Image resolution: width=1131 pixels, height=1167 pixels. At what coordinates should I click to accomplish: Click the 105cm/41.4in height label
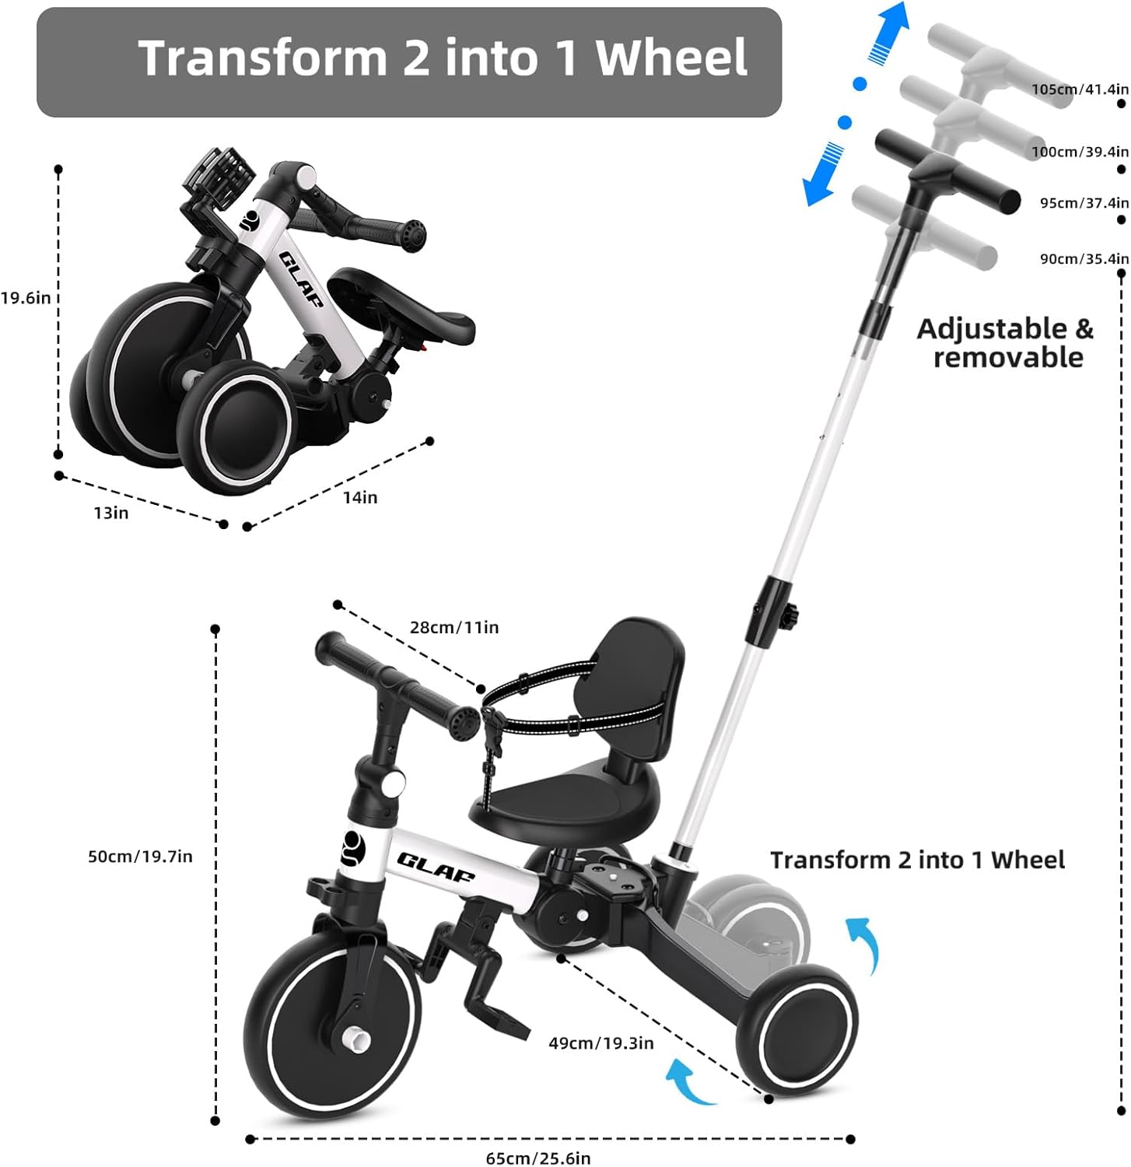pos(1080,89)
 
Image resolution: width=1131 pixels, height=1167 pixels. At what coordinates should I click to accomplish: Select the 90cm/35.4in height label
pos(1084,259)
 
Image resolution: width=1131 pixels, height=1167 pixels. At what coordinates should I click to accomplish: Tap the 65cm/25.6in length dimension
pos(538,1158)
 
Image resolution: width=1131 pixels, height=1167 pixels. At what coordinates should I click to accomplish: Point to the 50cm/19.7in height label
pos(140,857)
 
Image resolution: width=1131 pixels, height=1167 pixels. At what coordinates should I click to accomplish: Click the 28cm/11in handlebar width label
pos(454,627)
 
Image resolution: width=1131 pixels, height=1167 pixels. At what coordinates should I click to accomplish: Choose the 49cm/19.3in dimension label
pos(601,1043)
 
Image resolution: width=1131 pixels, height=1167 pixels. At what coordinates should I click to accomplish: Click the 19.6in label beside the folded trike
pos(26,297)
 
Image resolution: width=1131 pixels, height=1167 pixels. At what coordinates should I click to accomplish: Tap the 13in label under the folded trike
pos(111,513)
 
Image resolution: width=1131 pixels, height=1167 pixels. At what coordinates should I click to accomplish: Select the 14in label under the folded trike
pos(360,497)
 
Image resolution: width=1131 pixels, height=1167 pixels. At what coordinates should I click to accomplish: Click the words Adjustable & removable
pos(1006,342)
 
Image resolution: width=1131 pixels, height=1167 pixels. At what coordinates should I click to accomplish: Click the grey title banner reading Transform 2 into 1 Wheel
pos(409,62)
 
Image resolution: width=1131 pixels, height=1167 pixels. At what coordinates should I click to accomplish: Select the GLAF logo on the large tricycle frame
pos(436,865)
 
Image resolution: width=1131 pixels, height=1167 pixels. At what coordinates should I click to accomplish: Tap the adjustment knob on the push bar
pos(790,617)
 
